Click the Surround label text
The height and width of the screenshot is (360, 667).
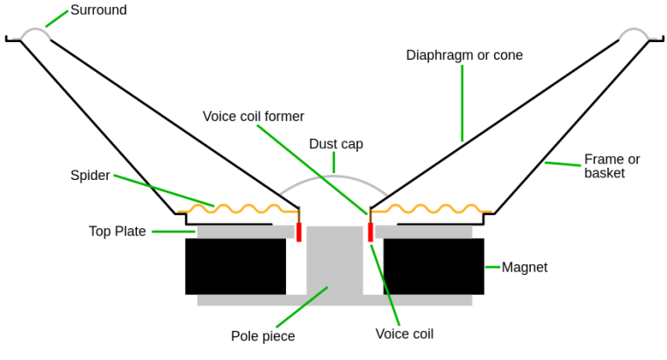coord(98,11)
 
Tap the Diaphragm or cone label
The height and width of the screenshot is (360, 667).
coord(464,55)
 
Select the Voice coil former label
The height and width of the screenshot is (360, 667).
coord(254,116)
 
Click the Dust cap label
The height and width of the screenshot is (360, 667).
coord(336,144)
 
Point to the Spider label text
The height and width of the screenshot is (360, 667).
coord(90,176)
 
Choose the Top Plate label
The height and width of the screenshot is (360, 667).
coord(117,232)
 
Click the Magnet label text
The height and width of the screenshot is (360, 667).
coord(524,267)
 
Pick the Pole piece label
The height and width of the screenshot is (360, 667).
coord(263,335)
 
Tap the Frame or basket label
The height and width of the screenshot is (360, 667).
coord(612,166)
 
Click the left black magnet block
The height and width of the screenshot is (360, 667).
coord(235,266)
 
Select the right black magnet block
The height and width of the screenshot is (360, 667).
coord(434,266)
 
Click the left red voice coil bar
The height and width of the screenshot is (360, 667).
coord(299,232)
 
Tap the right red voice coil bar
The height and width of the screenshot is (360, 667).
coord(371,231)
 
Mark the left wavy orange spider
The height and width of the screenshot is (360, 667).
coord(237,208)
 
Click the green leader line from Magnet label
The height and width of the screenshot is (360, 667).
coord(491,267)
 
